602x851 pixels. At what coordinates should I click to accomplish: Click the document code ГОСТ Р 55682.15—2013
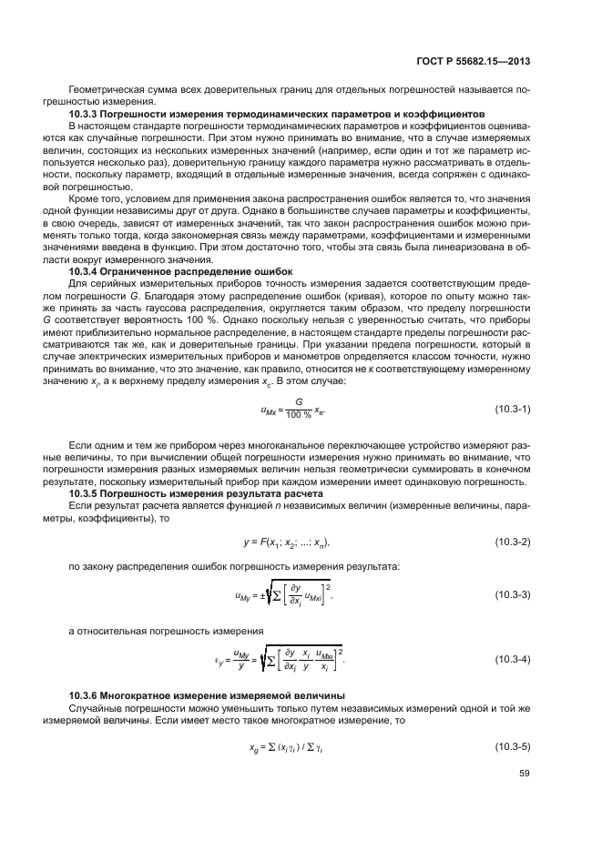(x=479, y=61)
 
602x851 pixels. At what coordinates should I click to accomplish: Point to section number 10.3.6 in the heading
(x=87, y=695)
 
